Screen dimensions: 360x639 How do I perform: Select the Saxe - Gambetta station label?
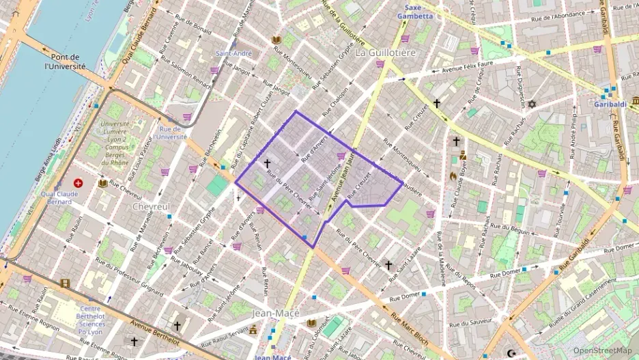(x=414, y=12)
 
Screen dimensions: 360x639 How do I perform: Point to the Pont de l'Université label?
(x=65, y=62)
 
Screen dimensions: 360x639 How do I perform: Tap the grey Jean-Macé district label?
(x=276, y=312)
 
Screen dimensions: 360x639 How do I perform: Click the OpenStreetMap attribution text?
(x=602, y=350)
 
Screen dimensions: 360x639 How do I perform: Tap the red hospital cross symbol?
(x=79, y=184)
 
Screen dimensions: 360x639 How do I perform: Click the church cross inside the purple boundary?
(x=267, y=164)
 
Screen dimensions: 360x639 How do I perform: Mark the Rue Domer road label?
(x=406, y=297)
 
